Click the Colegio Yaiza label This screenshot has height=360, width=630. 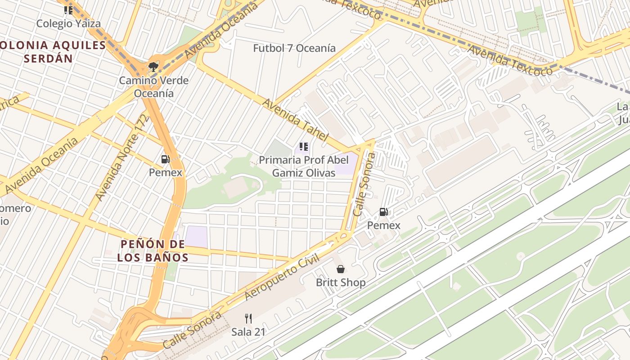point(68,23)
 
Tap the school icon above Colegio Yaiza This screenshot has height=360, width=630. point(68,10)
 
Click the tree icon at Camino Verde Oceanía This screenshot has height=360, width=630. point(153,67)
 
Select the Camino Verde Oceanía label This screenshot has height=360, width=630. point(153,87)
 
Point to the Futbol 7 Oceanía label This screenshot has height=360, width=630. point(294,48)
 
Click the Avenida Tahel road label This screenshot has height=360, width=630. point(295,120)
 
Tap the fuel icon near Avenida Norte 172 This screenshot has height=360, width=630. point(165,159)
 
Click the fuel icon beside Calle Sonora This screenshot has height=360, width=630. point(383,211)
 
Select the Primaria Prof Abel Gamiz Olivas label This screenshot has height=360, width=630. point(304,166)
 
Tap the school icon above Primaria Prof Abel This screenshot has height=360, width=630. point(304,147)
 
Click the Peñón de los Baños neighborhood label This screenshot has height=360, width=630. point(153,251)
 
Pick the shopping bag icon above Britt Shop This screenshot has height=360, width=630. point(341,269)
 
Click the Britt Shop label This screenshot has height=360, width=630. point(341,283)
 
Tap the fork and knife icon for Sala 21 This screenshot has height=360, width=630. point(248,319)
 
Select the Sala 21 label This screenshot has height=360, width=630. point(248,332)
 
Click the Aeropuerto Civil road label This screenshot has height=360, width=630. point(282,277)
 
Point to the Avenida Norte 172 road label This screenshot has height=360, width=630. point(121,157)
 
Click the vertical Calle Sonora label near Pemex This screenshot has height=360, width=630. point(364,184)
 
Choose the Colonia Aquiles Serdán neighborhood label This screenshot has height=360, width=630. point(53,51)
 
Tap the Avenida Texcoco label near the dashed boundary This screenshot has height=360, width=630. point(509,60)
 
